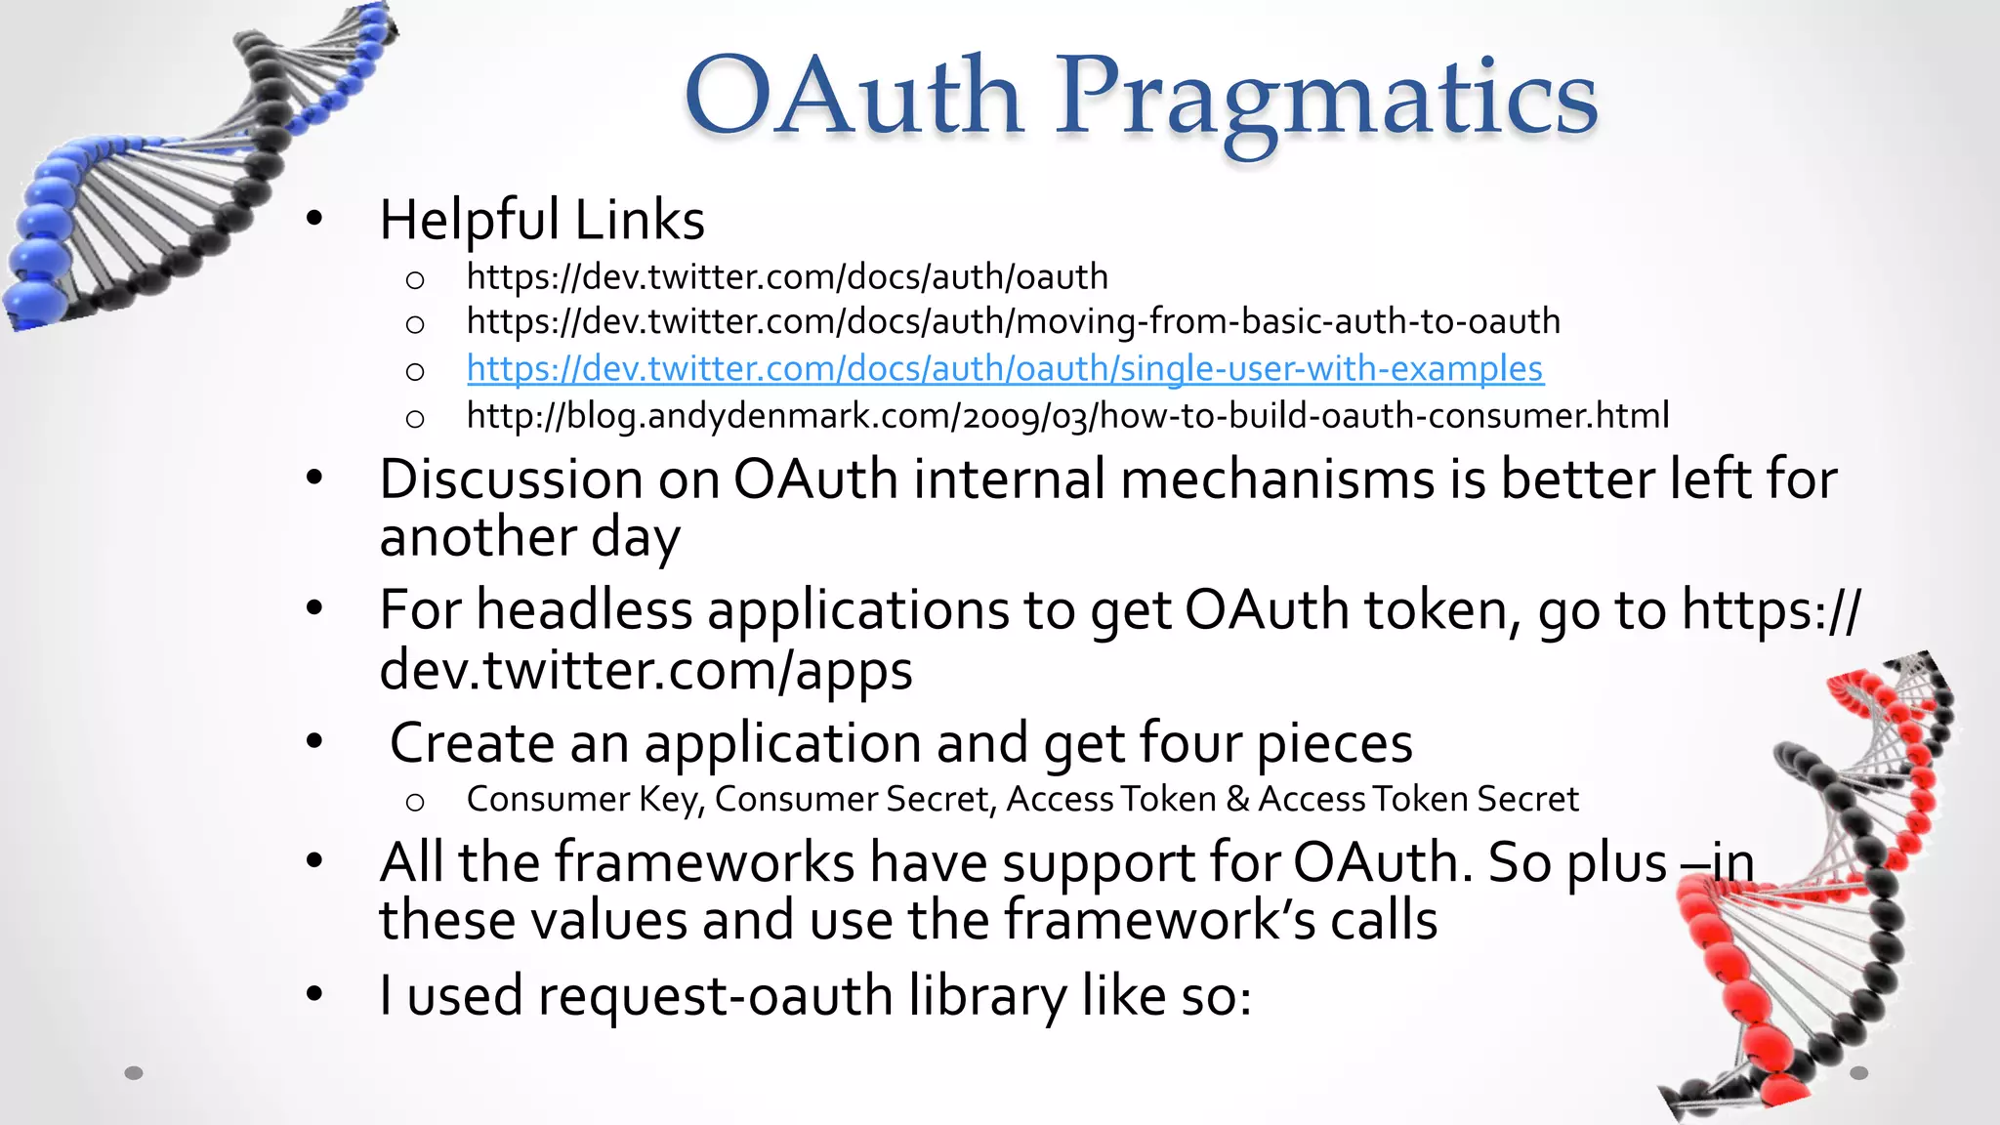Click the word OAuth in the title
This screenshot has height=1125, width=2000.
[853, 96]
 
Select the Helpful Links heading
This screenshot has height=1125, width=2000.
[542, 220]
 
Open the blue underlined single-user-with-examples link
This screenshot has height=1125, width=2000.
[1004, 368]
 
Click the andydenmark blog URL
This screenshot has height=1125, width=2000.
[1067, 416]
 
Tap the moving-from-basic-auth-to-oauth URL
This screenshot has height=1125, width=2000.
[1013, 321]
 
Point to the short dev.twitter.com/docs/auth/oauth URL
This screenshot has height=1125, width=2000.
[787, 277]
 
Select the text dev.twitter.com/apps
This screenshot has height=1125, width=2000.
[646, 671]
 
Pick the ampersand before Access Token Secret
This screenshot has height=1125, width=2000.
[1237, 800]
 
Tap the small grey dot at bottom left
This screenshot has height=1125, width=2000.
[134, 1073]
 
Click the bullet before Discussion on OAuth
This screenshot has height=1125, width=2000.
[313, 479]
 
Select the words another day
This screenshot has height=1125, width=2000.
[529, 538]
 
